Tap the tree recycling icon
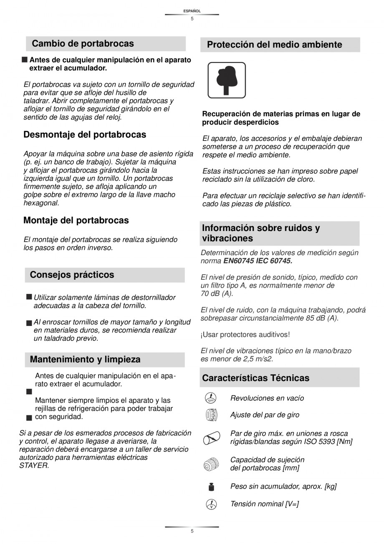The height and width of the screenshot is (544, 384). (227, 80)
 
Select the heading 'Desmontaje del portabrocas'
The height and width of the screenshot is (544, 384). (85, 135)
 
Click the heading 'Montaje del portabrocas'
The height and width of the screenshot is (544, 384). (76, 220)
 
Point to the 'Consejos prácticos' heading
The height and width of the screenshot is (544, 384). (72, 275)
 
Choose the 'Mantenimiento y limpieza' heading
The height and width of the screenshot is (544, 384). (85, 359)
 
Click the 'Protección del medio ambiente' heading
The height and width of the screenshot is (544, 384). (274, 45)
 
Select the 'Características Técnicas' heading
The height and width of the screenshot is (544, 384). (255, 378)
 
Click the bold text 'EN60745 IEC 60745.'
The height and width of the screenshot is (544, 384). (258, 261)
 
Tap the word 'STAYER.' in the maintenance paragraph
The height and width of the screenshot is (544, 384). (34, 465)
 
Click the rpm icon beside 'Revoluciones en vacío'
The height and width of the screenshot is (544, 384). (211, 398)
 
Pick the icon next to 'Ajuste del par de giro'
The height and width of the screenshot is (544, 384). (211, 415)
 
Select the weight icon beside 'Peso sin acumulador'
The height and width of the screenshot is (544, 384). (211, 486)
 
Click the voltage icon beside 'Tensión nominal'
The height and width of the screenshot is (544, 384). (211, 504)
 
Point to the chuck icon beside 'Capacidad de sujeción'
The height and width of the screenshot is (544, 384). (211, 464)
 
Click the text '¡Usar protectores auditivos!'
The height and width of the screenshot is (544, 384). (245, 334)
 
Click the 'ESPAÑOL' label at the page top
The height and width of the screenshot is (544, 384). (192, 11)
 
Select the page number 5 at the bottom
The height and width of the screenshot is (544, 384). (192, 531)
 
